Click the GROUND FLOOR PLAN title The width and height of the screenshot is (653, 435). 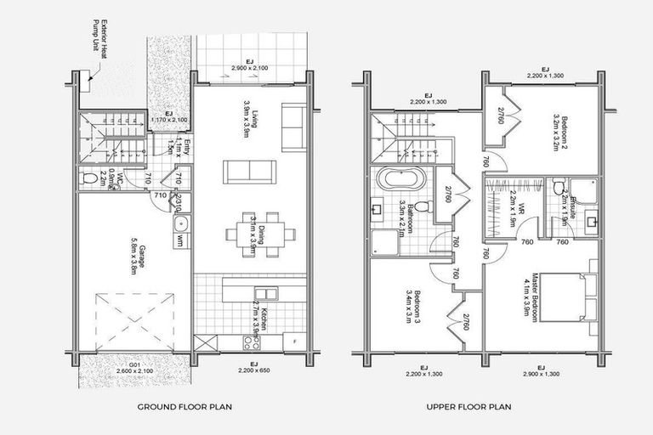(x=185, y=407)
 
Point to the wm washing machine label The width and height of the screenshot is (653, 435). (x=180, y=242)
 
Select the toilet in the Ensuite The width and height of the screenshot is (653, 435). (x=557, y=188)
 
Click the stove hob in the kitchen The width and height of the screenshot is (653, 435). (x=252, y=342)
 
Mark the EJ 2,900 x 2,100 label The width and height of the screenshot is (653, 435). (x=246, y=64)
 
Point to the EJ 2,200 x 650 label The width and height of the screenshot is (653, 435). (x=246, y=367)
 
